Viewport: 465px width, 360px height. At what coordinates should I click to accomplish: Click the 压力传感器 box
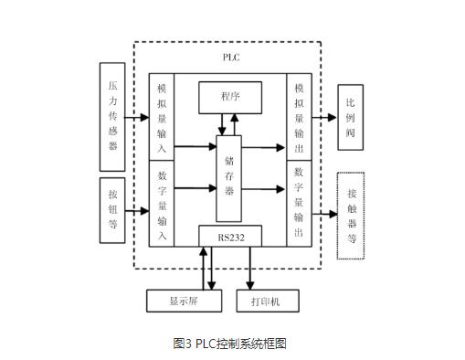[112, 116]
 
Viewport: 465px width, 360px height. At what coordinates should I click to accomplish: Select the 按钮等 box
[112, 207]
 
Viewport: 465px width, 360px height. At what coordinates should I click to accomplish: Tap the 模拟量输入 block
[161, 116]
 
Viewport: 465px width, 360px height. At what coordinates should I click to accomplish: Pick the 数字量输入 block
[161, 202]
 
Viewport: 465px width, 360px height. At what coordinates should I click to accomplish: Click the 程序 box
[230, 95]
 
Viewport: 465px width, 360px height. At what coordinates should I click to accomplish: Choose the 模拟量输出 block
[299, 116]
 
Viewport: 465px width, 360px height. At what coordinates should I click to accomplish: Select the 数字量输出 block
[299, 202]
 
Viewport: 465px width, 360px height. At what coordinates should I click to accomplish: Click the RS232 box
[230, 237]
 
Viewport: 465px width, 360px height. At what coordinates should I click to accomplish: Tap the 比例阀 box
[352, 116]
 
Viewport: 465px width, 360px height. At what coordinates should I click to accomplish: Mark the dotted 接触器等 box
[352, 215]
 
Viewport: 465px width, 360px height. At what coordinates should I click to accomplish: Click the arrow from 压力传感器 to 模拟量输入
[139, 117]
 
